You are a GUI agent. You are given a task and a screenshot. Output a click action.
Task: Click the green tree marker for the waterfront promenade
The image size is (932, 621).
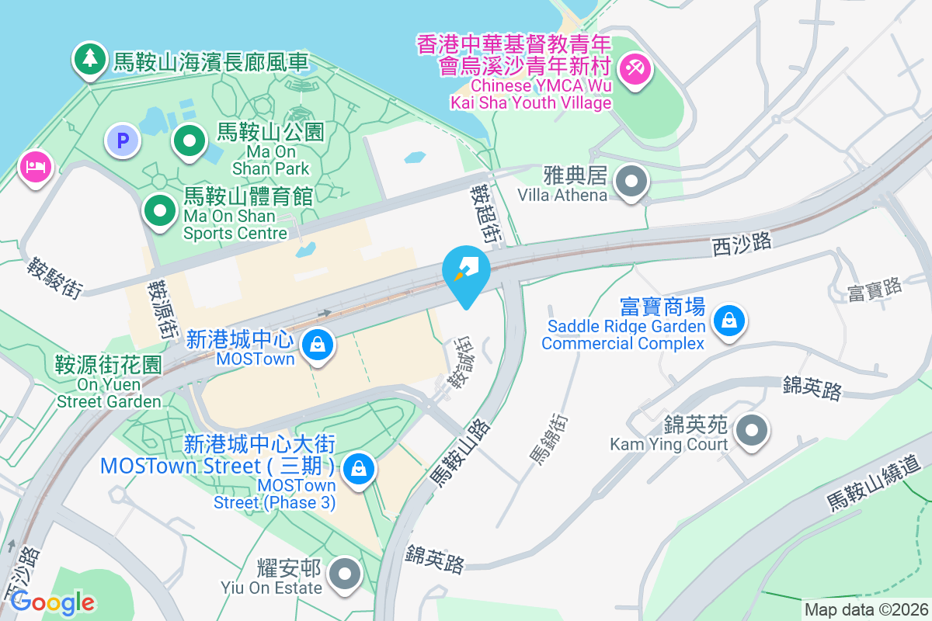coord(90,60)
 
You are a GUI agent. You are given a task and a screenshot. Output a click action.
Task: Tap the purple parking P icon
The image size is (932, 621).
coord(122,141)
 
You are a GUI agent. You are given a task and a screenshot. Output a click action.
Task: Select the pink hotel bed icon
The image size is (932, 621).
coord(36,166)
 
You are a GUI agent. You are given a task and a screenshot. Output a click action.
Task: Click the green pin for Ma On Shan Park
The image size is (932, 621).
coord(189,141)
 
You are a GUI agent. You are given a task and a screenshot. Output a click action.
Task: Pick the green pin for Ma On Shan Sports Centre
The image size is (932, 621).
coord(160,210)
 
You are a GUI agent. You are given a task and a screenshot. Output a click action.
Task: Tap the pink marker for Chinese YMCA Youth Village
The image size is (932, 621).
coord(635,69)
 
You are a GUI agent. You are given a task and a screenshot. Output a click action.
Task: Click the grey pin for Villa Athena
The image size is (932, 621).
coord(631,183)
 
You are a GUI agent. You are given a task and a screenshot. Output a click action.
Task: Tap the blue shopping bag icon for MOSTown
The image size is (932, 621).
coord(318,345)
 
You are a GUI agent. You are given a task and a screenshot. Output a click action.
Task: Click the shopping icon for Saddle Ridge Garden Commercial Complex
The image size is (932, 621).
coord(729,320)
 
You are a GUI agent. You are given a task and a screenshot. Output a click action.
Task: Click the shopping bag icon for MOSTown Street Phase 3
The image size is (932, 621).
coord(359,469)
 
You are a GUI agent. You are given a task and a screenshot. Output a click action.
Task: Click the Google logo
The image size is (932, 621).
coord(52,602)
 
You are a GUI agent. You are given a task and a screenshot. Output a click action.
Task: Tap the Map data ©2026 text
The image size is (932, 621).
coord(866,610)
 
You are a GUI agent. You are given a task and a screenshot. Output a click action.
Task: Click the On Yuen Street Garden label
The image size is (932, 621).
coord(108,382)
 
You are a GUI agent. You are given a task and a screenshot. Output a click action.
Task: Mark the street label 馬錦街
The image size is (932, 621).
coord(549,439)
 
